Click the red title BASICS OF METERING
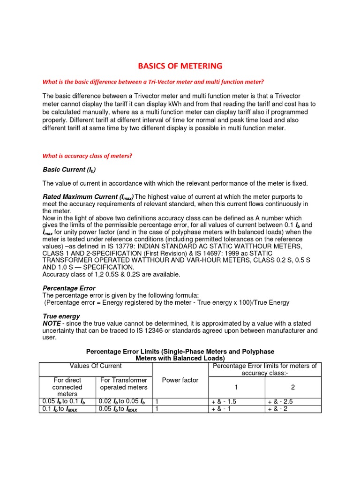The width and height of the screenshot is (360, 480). pyautogui.click(x=180, y=66)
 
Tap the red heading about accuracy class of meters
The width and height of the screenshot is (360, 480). pyautogui.click(x=87, y=156)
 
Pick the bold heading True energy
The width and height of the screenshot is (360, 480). pyautogui.click(x=61, y=316)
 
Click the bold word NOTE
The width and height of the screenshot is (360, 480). pyautogui.click(x=52, y=323)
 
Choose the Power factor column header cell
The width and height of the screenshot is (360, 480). pyautogui.click(x=180, y=380)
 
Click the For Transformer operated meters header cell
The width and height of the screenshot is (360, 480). pyautogui.click(x=124, y=383)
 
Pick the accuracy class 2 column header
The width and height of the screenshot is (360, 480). pyautogui.click(x=293, y=387)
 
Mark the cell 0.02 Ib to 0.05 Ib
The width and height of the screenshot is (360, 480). pyautogui.click(x=122, y=402)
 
